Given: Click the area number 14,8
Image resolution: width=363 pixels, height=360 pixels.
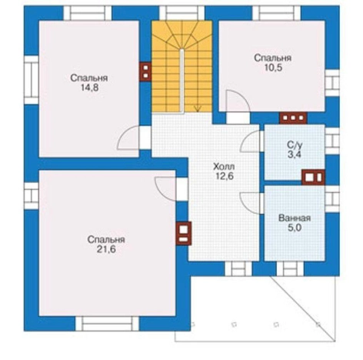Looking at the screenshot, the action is coord(90,88).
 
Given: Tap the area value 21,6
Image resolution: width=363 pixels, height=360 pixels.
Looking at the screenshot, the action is coord(106,249).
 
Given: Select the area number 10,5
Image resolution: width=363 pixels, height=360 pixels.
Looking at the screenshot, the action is coord(273,68).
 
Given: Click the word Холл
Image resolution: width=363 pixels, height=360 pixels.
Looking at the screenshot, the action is coord(224,167).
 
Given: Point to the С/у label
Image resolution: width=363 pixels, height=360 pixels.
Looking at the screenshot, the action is coord(295,145).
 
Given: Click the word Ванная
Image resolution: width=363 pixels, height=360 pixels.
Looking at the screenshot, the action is coord(295,218).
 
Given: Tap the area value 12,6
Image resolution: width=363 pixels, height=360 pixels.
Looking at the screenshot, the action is coord(224,176).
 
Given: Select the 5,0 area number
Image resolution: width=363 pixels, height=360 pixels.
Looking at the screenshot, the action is coord(295,228).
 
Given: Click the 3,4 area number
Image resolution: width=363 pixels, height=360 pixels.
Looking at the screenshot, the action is coord(295,155).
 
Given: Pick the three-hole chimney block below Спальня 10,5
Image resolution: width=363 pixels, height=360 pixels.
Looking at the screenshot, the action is coord(293,118).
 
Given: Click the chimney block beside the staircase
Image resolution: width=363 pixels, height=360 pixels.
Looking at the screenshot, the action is coord(145,72).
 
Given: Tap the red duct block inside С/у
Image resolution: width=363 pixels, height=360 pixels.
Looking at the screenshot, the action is coord(313,177).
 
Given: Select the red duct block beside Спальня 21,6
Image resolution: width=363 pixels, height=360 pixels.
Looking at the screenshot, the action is coord(184,233).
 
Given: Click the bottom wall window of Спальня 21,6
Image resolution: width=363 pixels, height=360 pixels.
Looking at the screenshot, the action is coord(107,324).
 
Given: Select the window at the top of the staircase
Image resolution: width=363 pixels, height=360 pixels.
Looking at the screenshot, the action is coord(182,13).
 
